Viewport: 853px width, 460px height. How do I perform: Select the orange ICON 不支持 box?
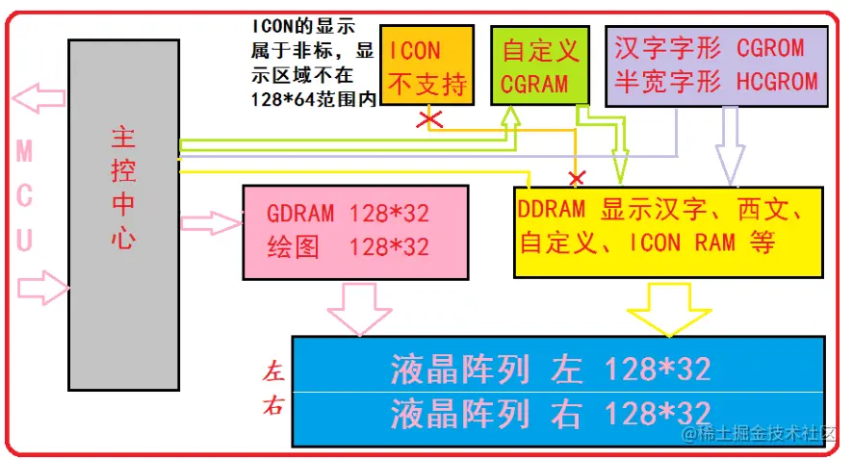pos(427,64)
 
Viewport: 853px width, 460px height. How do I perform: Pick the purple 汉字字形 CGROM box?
pos(716,64)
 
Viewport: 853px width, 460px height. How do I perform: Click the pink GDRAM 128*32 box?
pos(355,231)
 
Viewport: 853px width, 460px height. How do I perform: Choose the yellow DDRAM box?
pos(668,231)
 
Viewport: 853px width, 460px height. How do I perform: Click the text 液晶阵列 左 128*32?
pos(551,369)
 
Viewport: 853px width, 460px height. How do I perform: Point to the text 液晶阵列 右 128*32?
pos(551,414)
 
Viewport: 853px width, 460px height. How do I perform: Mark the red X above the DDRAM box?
pos(577,178)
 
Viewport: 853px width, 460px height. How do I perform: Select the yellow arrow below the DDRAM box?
pos(667,308)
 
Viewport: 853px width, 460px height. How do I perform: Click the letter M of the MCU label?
pos(25,151)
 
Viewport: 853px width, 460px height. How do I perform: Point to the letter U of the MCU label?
pos(25,240)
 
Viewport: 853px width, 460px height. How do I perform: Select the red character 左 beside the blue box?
pos(274,371)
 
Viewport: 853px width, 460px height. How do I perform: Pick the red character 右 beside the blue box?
pos(274,407)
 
